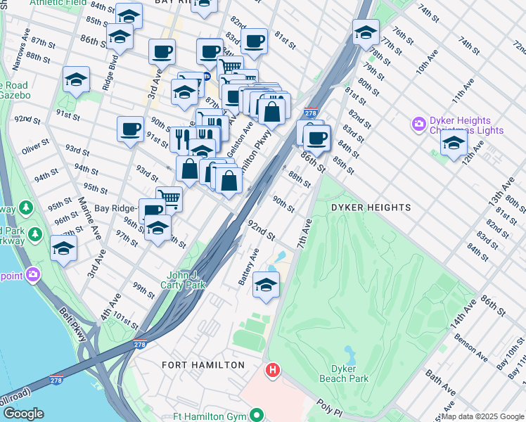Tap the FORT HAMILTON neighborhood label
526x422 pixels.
(x=203, y=365)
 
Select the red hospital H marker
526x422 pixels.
(x=273, y=369)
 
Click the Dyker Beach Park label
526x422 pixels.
(x=349, y=373)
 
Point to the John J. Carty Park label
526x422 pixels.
(x=186, y=281)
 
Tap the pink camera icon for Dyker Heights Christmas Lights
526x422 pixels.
(x=419, y=125)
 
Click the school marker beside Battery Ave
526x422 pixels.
(x=266, y=286)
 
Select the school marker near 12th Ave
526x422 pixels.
(x=454, y=143)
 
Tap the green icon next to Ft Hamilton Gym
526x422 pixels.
(x=258, y=416)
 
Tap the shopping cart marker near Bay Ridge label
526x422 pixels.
(x=168, y=198)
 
